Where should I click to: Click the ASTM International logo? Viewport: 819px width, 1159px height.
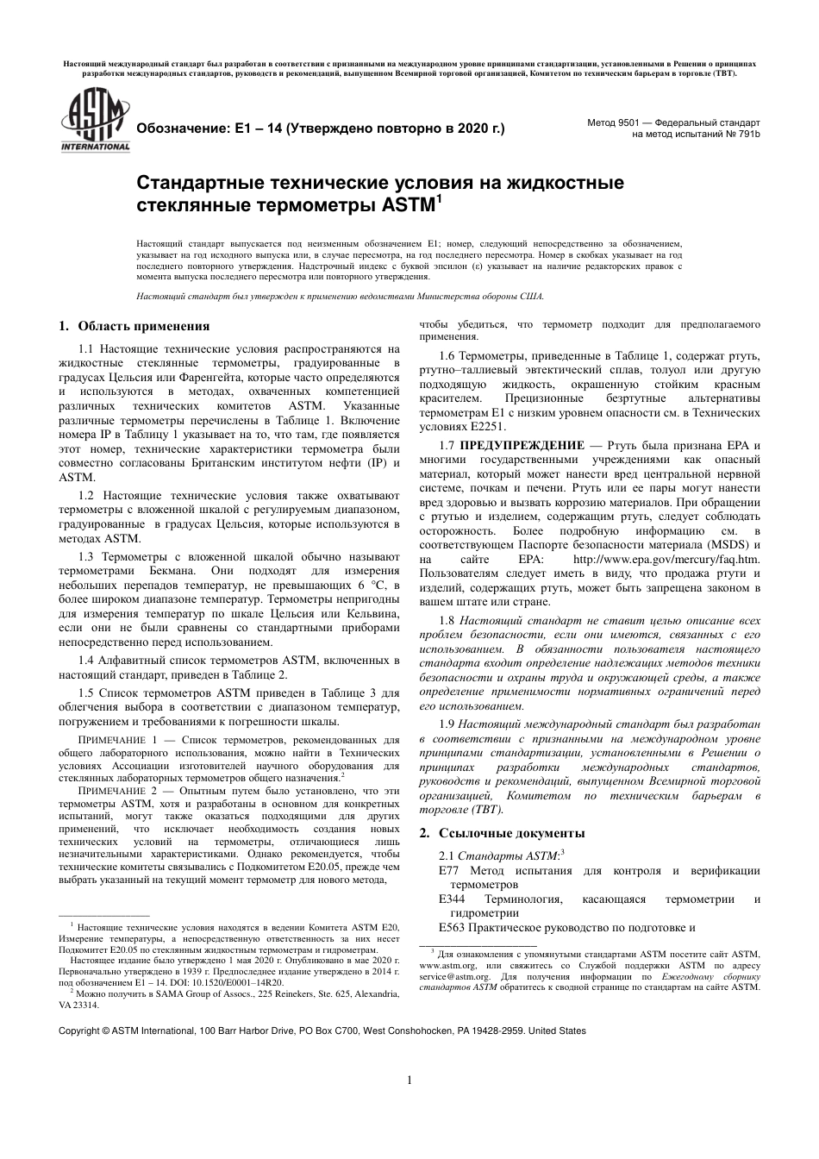click(x=93, y=122)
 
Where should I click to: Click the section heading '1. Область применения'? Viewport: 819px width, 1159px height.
click(x=134, y=327)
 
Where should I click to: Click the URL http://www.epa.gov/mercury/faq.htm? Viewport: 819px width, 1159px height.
click(x=686, y=559)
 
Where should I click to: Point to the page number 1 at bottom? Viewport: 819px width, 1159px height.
click(x=409, y=1081)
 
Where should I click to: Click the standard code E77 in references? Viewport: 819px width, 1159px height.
click(x=449, y=870)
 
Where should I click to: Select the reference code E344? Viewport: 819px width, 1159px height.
click(x=453, y=899)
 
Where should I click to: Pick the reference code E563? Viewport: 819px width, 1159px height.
click(x=453, y=928)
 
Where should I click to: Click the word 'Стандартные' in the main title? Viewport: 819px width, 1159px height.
click(x=193, y=184)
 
